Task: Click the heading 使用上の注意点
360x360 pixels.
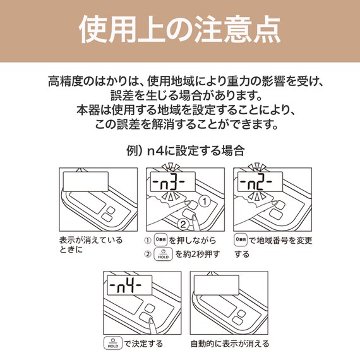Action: click(180, 30)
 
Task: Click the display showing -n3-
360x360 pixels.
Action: click(167, 184)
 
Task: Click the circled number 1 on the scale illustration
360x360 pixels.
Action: click(203, 201)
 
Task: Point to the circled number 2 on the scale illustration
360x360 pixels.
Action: click(182, 222)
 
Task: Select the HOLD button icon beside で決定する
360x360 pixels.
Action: click(112, 344)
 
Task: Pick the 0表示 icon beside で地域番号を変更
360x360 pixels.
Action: click(241, 241)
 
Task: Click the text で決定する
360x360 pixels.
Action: click(143, 344)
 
